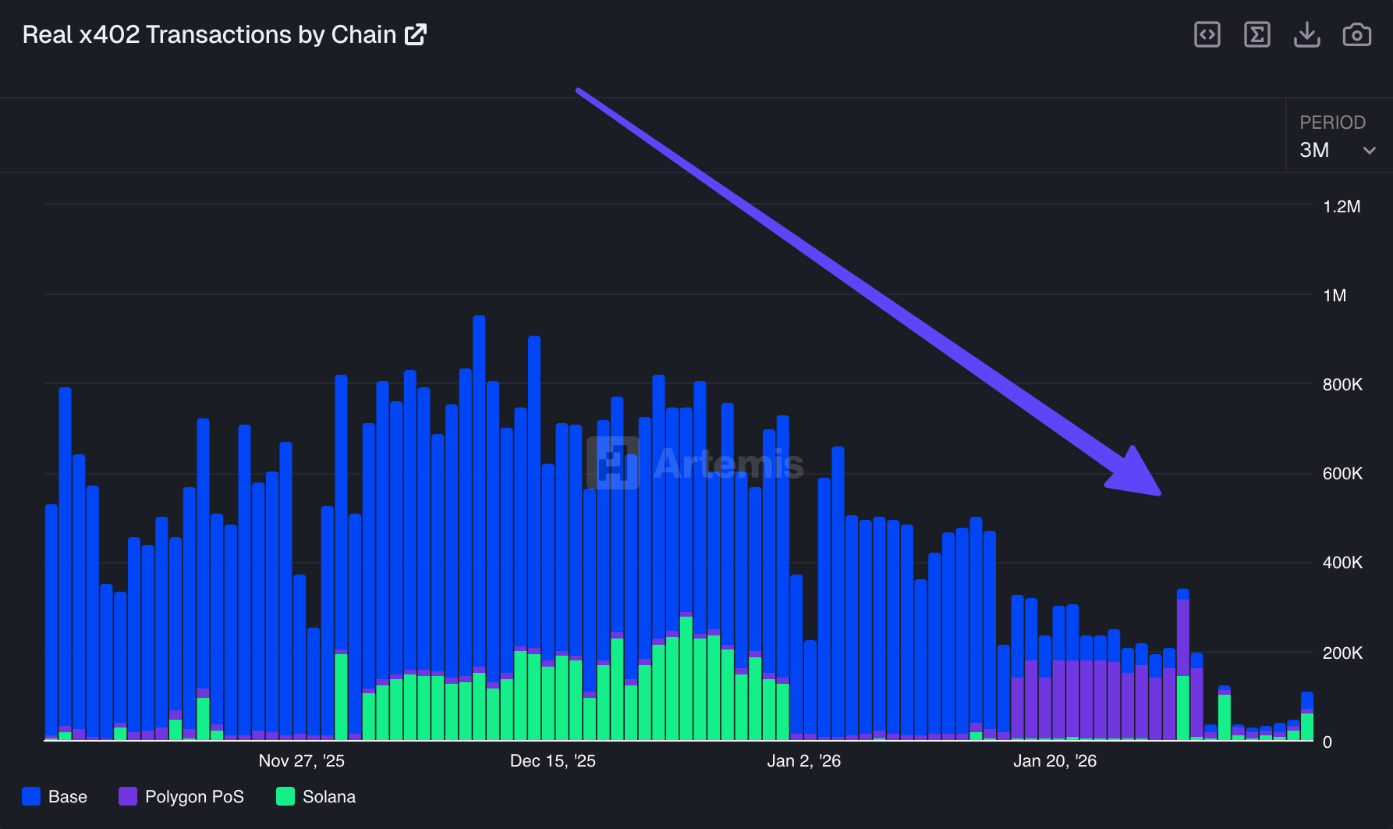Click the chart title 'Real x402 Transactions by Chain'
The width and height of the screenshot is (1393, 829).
(x=209, y=35)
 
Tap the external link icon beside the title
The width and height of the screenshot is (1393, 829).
(x=416, y=35)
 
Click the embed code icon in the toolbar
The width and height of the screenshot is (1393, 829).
(x=1207, y=35)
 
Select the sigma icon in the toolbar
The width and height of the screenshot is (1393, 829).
(x=1257, y=35)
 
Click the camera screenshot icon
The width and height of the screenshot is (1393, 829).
(x=1356, y=35)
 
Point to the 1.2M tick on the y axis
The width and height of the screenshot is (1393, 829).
(x=1342, y=207)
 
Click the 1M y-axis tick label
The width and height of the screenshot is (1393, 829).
(x=1335, y=296)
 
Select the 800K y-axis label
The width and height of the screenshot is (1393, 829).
(x=1342, y=385)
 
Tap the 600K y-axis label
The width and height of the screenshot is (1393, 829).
(x=1342, y=474)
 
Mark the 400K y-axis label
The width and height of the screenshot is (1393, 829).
(x=1342, y=563)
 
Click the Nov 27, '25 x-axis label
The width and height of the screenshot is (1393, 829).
(x=301, y=761)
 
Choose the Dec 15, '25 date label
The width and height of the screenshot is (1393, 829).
(x=552, y=761)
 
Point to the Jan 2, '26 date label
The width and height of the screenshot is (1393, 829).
(x=803, y=761)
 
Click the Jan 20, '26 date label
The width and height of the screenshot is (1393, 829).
(x=1054, y=761)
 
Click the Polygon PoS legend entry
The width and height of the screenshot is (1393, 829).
(x=181, y=797)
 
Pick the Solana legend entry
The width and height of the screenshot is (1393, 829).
(x=316, y=797)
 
